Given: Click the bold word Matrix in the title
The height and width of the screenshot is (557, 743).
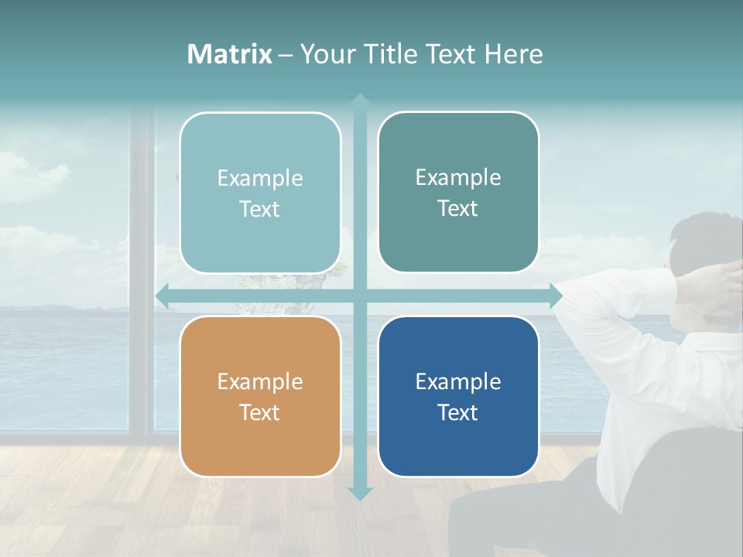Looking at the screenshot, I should pos(230,54).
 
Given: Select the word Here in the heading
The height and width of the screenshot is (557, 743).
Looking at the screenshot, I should pos(514,54).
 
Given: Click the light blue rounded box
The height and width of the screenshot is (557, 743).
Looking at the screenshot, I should pos(260,193).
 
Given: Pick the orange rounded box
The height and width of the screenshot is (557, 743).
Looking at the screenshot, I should pos(260,396).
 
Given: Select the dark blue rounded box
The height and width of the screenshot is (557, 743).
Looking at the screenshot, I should pos(458,396).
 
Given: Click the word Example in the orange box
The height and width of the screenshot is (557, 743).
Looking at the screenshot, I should pos(260,381).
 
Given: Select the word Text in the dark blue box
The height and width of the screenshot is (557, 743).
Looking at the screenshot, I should pos(458,412).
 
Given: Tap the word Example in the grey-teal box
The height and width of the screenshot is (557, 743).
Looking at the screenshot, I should pos(458,177).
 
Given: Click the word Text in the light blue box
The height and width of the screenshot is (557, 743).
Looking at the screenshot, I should pos(260,209).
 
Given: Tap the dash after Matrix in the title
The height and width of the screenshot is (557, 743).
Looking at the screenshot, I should pos(286,55).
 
